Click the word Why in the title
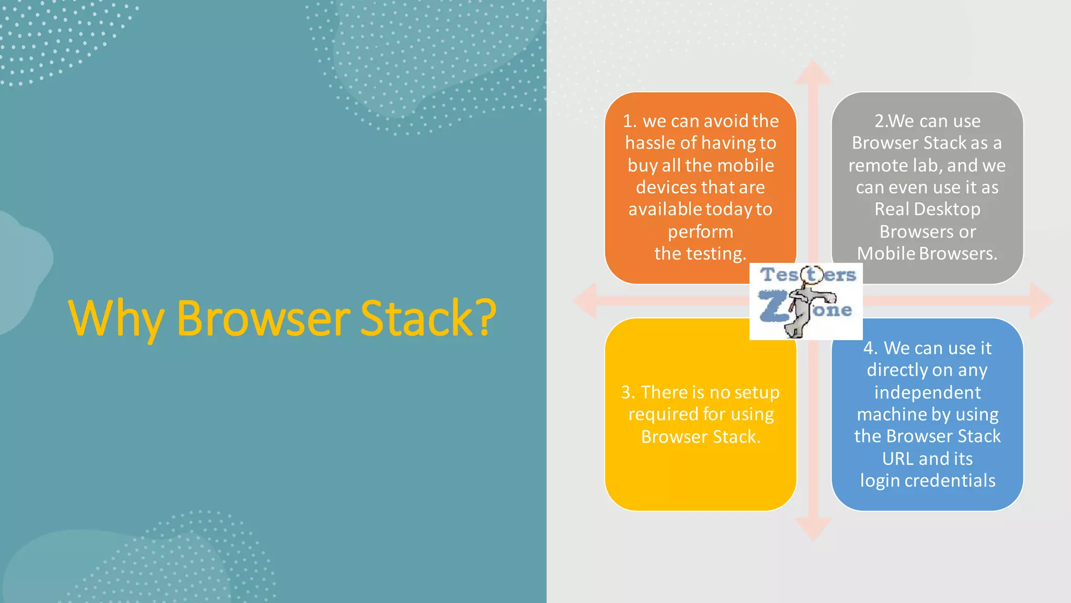click(x=116, y=318)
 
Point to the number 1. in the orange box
click(x=630, y=121)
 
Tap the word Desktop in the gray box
click(x=951, y=209)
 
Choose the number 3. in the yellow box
click(x=628, y=393)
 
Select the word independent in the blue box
click(x=927, y=393)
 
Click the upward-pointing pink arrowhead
click(x=813, y=73)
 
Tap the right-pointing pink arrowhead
click(x=1041, y=301)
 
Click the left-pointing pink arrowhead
click(x=586, y=301)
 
